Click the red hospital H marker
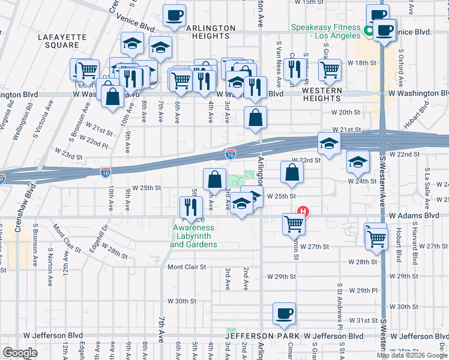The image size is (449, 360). (x=304, y=211)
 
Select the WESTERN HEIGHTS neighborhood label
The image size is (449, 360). (x=322, y=94)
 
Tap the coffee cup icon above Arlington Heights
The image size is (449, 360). (x=174, y=16)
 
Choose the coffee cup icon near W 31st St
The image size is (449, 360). (x=284, y=313)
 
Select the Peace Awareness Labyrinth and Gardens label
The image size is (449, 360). (x=193, y=236)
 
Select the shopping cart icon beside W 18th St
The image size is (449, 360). (x=330, y=70)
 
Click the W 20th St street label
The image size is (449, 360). (x=345, y=112)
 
